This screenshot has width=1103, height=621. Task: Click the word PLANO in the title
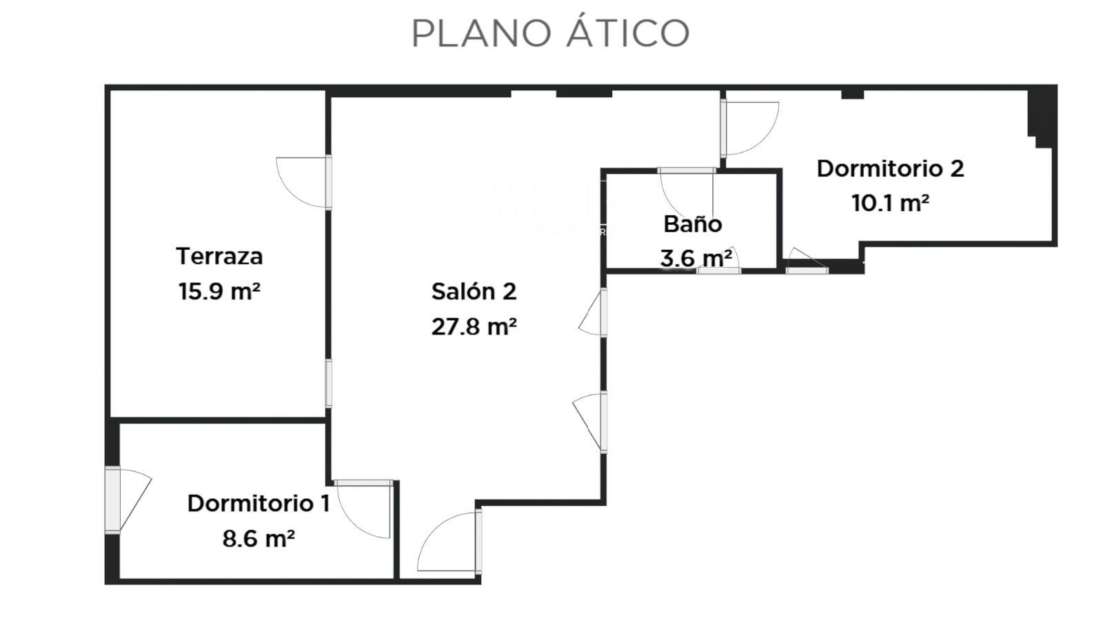(x=483, y=33)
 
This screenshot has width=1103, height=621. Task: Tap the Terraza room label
(x=219, y=256)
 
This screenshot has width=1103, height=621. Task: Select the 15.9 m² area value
(x=219, y=291)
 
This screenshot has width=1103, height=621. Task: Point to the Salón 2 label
(x=474, y=291)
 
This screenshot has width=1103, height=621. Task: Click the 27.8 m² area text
(x=474, y=326)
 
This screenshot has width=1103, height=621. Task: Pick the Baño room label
(x=692, y=224)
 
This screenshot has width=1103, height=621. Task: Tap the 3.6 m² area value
(x=696, y=259)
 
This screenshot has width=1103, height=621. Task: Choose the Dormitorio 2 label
(x=890, y=168)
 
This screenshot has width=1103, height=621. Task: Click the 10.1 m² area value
(x=890, y=204)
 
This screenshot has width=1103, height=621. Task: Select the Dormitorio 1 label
(x=259, y=503)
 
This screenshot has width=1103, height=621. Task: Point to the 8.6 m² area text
(x=259, y=538)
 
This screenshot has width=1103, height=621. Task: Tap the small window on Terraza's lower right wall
(x=329, y=384)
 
